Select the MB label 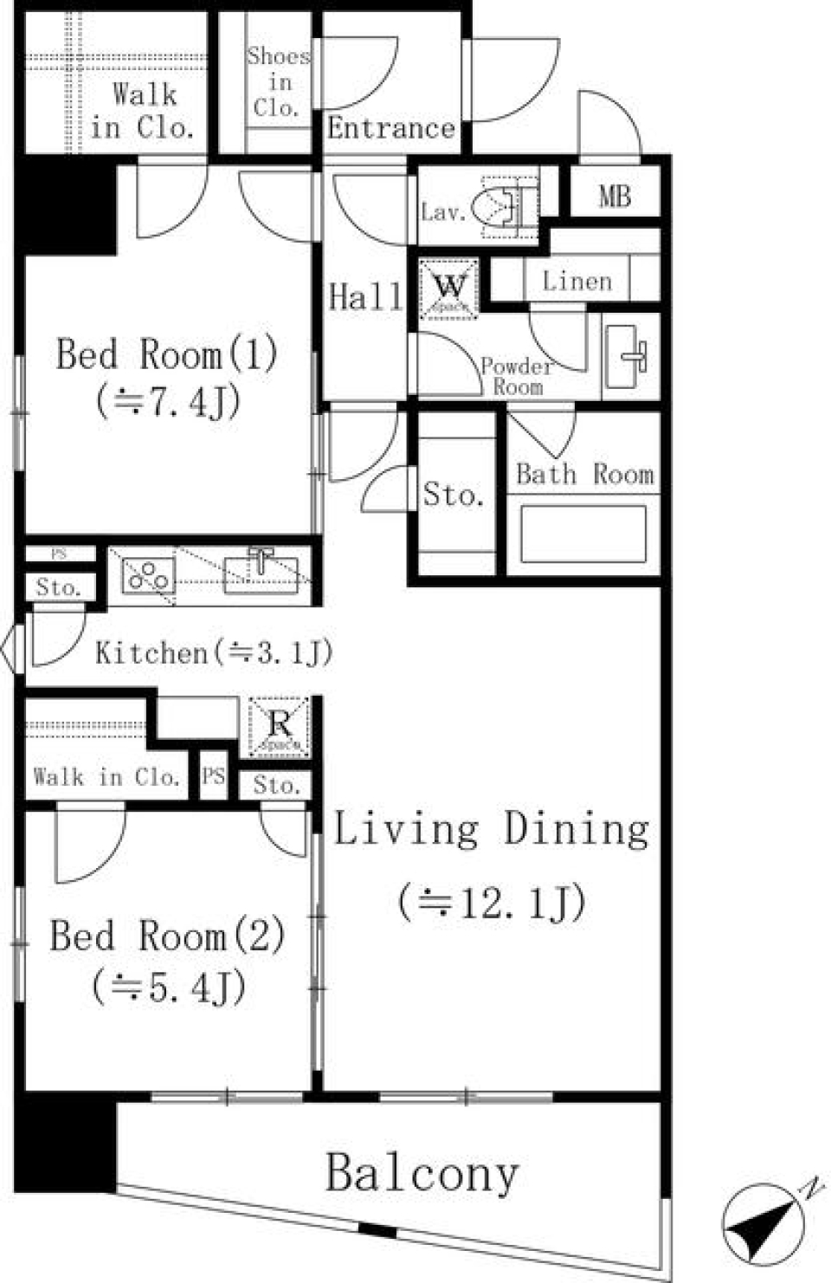point(615,197)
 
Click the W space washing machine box point(448,288)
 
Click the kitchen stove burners point(148,576)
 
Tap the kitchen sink point(261,574)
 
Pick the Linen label point(577,281)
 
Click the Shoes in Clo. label point(277,82)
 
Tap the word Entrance point(390,128)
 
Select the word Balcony point(422,1174)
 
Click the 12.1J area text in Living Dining point(492,903)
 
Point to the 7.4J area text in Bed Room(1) point(168,402)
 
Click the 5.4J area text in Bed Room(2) point(169,987)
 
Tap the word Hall point(365,297)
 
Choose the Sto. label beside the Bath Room point(453,495)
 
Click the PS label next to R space point(213,776)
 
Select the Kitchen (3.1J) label point(213,652)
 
